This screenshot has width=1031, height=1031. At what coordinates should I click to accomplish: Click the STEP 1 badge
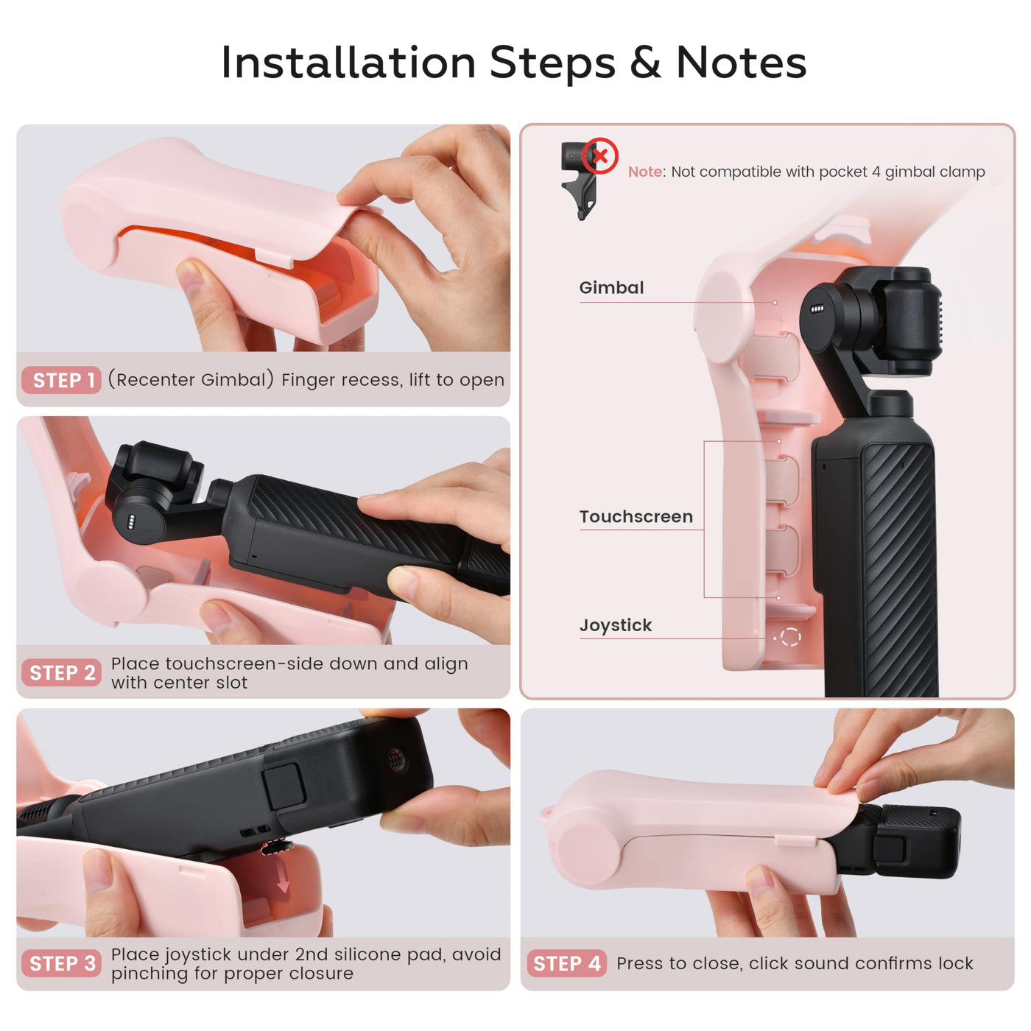[61, 380]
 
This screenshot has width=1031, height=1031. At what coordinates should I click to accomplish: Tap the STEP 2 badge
[62, 672]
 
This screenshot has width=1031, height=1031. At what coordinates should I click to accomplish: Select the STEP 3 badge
[62, 963]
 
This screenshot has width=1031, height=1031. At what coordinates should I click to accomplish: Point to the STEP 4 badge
[566, 963]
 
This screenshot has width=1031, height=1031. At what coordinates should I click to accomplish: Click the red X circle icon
[599, 156]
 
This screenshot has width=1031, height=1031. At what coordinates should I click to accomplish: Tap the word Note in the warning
[644, 172]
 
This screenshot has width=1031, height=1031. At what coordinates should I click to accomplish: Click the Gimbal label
[611, 287]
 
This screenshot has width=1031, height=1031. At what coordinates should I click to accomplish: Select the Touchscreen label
[636, 516]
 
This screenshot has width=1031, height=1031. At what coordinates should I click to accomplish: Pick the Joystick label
[615, 625]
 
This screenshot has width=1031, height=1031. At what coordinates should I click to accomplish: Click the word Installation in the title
[348, 63]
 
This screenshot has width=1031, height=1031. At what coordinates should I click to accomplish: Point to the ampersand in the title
[645, 63]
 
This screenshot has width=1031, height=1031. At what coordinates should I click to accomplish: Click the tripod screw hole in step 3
[395, 759]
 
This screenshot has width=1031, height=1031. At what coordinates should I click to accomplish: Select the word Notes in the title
[741, 63]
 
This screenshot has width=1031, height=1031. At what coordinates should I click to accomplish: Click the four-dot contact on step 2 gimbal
[130, 523]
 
